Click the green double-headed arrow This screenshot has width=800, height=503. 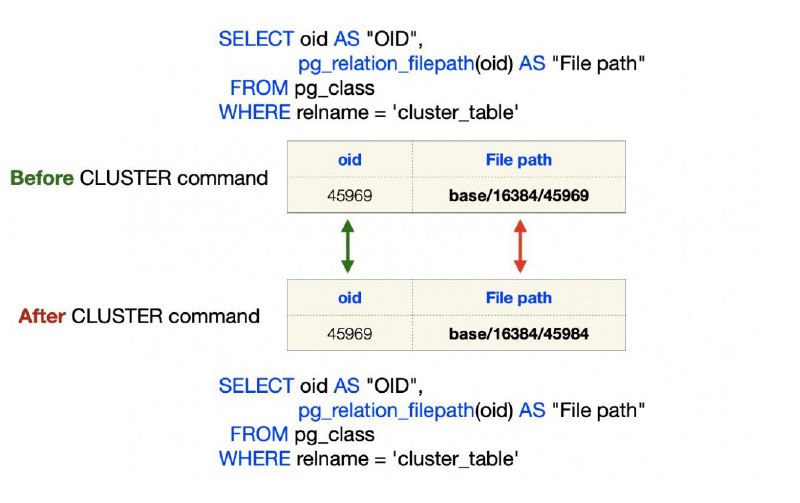(x=347, y=246)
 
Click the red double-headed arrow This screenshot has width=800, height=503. (x=520, y=246)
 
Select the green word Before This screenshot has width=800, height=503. (x=42, y=178)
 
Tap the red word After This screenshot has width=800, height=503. (x=42, y=316)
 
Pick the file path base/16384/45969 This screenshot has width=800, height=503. (x=519, y=195)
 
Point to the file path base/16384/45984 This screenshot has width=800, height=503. (x=519, y=334)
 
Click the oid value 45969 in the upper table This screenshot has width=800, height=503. (x=349, y=195)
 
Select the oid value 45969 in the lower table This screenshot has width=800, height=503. (x=349, y=334)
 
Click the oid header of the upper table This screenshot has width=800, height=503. (x=349, y=160)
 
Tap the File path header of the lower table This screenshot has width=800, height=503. (x=519, y=298)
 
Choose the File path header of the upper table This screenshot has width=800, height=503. (x=519, y=160)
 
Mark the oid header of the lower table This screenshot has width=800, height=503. (x=349, y=298)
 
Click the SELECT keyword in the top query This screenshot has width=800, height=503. (x=256, y=39)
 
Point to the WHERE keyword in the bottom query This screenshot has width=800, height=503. (x=255, y=459)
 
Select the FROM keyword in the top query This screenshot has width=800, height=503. (x=259, y=88)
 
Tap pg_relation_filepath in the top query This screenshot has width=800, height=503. (x=386, y=64)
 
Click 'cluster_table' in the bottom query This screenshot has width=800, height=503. (x=456, y=459)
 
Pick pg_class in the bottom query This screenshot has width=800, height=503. (x=335, y=435)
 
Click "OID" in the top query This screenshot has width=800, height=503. (x=392, y=39)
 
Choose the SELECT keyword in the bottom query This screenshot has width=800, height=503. (x=256, y=386)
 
